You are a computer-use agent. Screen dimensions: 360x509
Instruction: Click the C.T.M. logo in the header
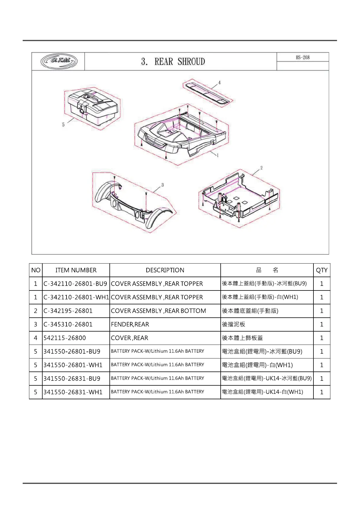(59, 61)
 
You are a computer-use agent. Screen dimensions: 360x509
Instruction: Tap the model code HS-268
(303, 57)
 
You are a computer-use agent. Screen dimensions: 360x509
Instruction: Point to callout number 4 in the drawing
(219, 83)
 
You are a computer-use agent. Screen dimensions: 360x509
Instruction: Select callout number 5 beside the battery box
(63, 125)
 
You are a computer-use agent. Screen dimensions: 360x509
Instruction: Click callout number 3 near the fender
(163, 185)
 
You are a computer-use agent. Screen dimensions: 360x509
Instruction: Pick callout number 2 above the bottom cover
(261, 168)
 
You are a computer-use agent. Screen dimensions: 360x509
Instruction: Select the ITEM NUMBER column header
(76, 270)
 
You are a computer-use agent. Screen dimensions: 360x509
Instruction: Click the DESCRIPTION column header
(165, 270)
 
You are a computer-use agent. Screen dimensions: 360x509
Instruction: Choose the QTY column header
(322, 270)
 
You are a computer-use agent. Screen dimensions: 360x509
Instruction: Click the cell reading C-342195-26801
(68, 311)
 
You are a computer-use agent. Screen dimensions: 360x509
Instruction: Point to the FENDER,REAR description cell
(130, 324)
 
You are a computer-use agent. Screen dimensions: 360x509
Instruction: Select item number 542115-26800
(65, 338)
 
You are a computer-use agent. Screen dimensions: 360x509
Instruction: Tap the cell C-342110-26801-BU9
(75, 284)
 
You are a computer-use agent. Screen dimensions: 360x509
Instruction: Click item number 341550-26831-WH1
(73, 392)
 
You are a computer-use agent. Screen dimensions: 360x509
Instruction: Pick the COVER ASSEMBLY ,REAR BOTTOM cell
(158, 311)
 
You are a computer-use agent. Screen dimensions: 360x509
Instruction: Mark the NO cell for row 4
(36, 338)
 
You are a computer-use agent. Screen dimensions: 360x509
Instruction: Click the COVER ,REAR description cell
(130, 338)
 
